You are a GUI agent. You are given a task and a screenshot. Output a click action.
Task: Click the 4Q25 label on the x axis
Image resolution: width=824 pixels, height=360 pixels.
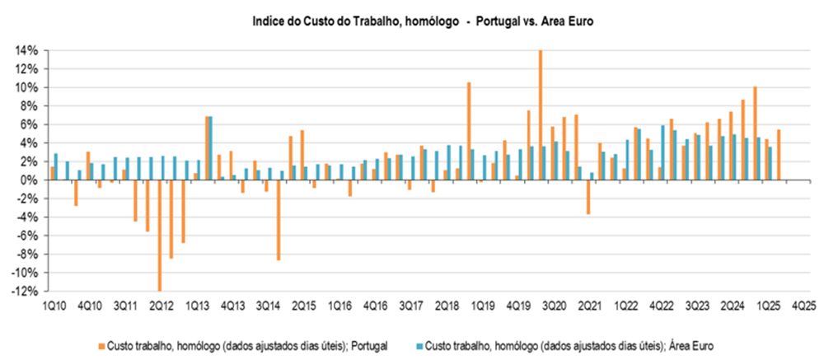coord(804,306)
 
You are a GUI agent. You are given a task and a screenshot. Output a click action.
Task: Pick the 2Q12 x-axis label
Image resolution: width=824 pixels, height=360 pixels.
coord(161,306)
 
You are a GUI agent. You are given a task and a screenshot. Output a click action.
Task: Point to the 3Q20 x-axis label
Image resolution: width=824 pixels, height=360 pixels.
coord(552,306)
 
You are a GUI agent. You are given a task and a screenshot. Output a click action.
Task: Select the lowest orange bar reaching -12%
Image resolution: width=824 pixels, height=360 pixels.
coord(160,235)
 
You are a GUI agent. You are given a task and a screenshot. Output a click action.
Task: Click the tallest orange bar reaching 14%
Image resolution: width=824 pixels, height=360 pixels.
coord(541,115)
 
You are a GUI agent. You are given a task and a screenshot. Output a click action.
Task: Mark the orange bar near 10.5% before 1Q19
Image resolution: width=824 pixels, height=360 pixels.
coord(469,131)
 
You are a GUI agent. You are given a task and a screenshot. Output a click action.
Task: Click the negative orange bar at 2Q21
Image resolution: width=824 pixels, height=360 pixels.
coord(588,197)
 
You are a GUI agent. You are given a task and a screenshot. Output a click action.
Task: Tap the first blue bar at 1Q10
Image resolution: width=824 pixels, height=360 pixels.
coord(56,166)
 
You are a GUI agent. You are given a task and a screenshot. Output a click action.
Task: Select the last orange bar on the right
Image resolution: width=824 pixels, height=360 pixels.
coord(779,155)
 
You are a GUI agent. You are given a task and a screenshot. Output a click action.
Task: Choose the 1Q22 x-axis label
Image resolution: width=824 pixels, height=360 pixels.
coord(624,306)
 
